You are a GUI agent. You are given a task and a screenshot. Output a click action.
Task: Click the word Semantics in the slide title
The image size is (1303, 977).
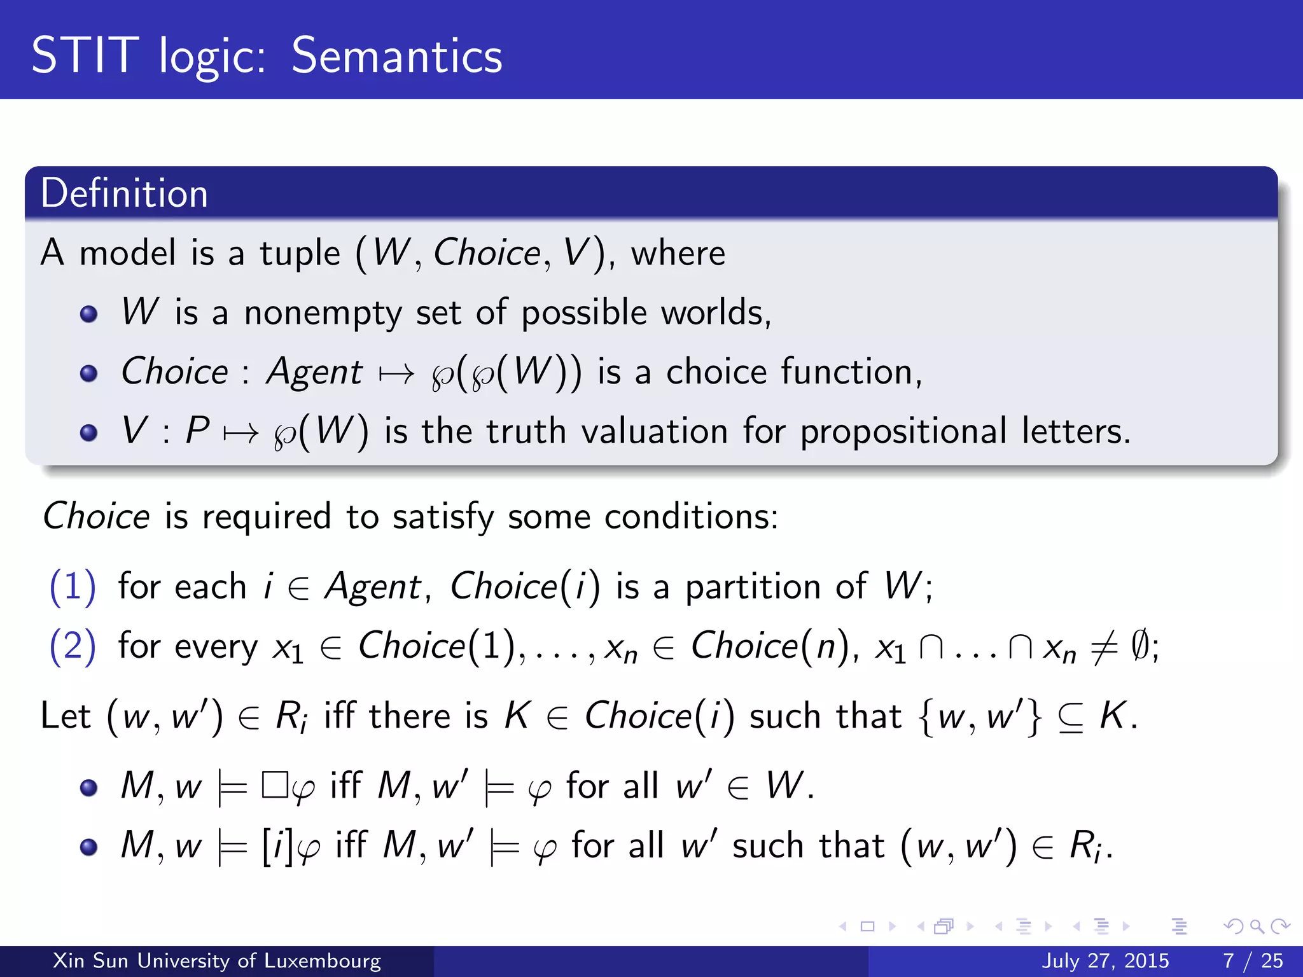coord(396,56)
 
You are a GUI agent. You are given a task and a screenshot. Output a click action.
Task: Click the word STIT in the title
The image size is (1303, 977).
coord(85,56)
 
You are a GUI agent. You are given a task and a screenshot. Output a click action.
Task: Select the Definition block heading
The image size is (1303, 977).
coord(124,193)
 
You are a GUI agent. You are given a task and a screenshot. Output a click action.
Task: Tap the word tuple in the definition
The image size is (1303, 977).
coord(300,254)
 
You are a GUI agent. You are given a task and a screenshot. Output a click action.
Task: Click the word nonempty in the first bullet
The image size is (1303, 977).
coord(323,313)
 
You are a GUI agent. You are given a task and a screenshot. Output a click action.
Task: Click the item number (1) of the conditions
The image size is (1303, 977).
coord(73,586)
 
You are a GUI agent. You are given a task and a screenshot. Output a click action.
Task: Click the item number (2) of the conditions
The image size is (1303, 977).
coord(73,646)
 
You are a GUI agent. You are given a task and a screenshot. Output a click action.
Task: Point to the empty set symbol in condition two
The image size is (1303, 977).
coord(1139,646)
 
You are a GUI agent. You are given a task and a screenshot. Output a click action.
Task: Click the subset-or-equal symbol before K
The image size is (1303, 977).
coord(1070,717)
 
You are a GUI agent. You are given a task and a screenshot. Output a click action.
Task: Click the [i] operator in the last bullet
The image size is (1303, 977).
coord(278,846)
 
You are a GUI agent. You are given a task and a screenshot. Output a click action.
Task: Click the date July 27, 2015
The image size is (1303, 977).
coord(1105,960)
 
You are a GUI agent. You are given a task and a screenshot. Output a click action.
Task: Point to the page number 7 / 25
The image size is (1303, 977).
coord(1253,960)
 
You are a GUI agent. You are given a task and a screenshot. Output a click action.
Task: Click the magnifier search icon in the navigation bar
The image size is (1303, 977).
coord(1256,926)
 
